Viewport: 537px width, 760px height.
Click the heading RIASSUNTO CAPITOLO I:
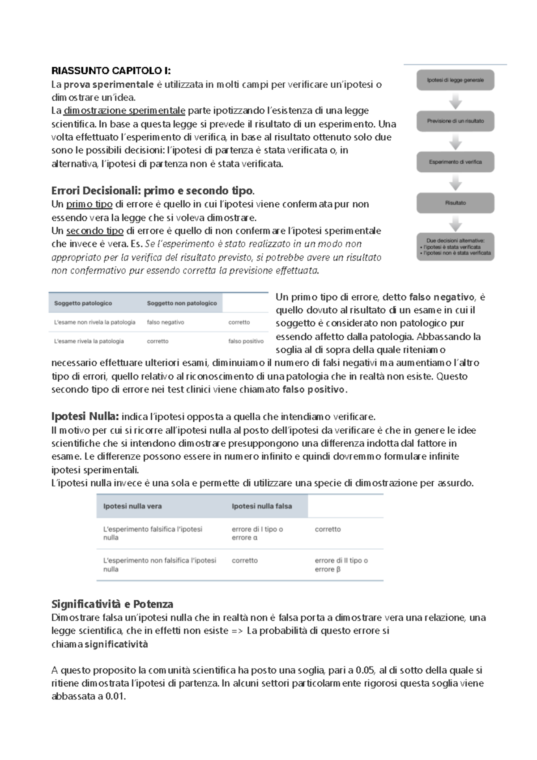click(x=111, y=71)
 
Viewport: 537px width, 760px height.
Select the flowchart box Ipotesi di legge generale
click(x=455, y=80)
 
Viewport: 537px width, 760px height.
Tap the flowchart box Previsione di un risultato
click(x=455, y=121)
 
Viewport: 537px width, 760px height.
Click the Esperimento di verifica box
click(x=455, y=162)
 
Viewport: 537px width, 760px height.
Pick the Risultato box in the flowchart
click(x=455, y=203)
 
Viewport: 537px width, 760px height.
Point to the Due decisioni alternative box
click(x=455, y=247)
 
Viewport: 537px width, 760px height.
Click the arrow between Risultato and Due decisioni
click(x=455, y=223)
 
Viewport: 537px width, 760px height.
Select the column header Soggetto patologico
click(x=83, y=303)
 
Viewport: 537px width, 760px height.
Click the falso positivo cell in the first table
click(x=246, y=341)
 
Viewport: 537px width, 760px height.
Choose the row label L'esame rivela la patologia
click(x=89, y=341)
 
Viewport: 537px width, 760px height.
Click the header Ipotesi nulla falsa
click(x=262, y=506)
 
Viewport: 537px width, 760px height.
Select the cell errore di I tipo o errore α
click(x=257, y=534)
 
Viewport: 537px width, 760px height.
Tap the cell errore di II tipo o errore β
click(x=341, y=565)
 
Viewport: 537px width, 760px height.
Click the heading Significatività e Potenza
click(x=112, y=604)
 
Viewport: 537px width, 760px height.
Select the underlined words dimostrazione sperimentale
click(x=124, y=111)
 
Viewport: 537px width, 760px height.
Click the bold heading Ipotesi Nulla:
click(x=85, y=417)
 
